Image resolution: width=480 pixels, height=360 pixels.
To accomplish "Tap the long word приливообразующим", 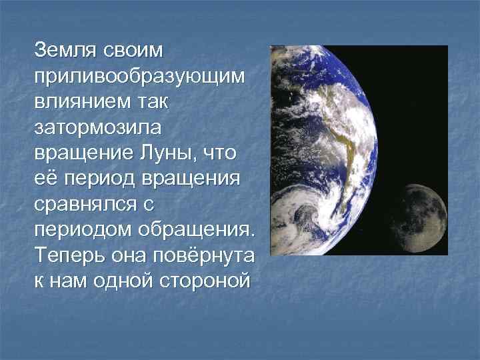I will [x=140, y=75].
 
